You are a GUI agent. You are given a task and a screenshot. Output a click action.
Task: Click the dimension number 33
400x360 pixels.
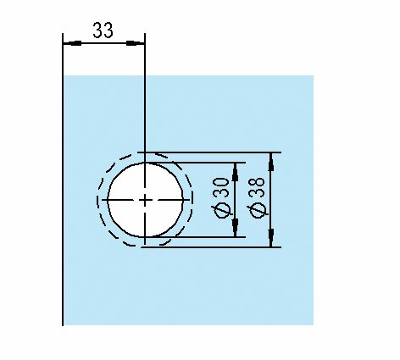click(103, 30)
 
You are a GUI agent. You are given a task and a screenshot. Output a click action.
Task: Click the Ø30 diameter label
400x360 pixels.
click(221, 198)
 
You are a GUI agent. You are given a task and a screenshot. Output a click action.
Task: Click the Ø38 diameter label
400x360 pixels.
click(258, 198)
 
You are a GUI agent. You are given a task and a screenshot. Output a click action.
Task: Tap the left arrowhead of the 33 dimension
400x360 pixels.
click(72, 43)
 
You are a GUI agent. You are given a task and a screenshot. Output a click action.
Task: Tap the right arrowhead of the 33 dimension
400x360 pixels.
click(136, 43)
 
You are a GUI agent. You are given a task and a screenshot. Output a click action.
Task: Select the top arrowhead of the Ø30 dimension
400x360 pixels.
click(235, 172)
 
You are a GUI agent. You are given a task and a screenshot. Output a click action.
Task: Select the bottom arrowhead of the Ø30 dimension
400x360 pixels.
click(235, 228)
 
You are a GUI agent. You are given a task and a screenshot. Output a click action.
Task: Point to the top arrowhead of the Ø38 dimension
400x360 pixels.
click(271, 162)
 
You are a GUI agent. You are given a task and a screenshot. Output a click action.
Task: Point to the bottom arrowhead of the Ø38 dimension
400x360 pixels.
click(271, 238)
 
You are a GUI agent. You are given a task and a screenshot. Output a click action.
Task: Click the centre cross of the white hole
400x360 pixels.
click(145, 200)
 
